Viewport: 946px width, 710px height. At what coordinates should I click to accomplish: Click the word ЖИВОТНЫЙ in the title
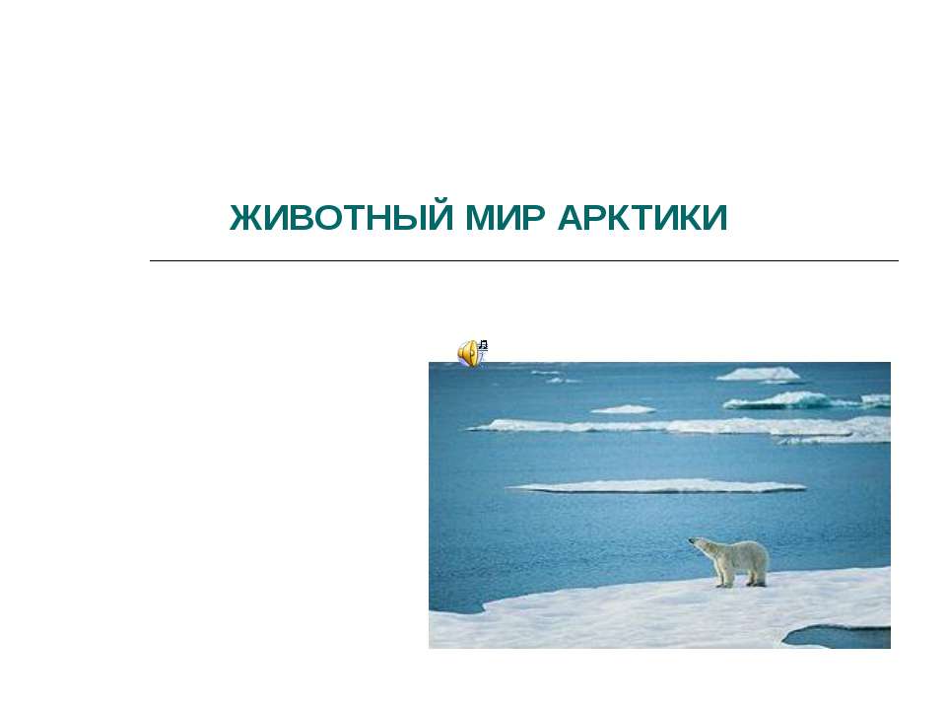342,217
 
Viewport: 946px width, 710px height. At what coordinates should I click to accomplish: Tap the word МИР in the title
505,217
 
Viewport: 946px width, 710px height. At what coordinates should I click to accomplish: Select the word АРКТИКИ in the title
642,217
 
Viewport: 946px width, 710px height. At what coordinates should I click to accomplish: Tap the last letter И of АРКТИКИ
715,217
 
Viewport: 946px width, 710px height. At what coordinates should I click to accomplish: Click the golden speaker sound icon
469,354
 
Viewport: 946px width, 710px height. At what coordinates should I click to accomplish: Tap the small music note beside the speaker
483,345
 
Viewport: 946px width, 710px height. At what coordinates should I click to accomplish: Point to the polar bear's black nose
690,540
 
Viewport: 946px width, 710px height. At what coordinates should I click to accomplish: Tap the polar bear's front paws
723,584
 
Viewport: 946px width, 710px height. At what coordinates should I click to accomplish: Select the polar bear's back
742,545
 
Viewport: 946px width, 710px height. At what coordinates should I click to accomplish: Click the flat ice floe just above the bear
658,486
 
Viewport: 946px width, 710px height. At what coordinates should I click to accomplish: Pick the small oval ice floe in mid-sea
623,409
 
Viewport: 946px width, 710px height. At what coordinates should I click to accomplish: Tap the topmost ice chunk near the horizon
759,374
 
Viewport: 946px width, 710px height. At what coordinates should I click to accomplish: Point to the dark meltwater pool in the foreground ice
839,637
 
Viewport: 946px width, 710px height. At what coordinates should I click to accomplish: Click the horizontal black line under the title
523,260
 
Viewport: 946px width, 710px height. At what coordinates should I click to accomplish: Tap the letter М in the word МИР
480,217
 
